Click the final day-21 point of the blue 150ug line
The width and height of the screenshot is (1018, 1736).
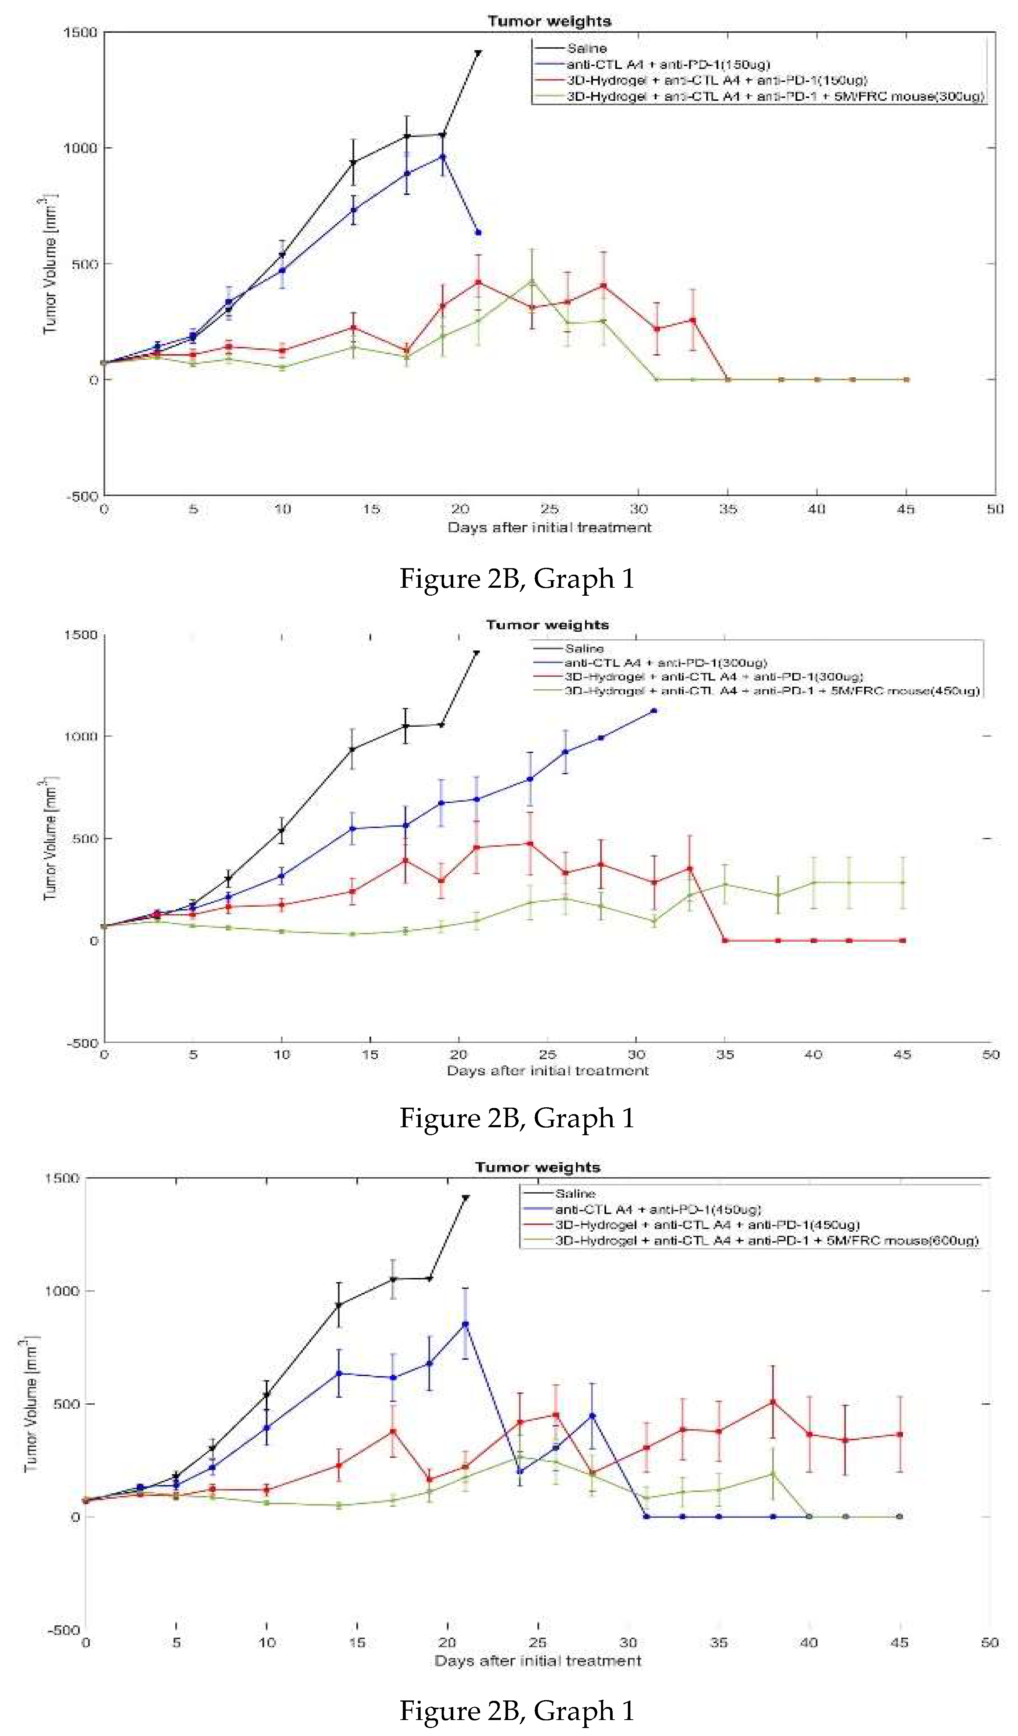pyautogui.click(x=478, y=232)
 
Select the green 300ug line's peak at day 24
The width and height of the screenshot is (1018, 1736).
pyautogui.click(x=531, y=281)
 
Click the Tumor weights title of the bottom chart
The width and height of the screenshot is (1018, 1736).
pyautogui.click(x=537, y=1167)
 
